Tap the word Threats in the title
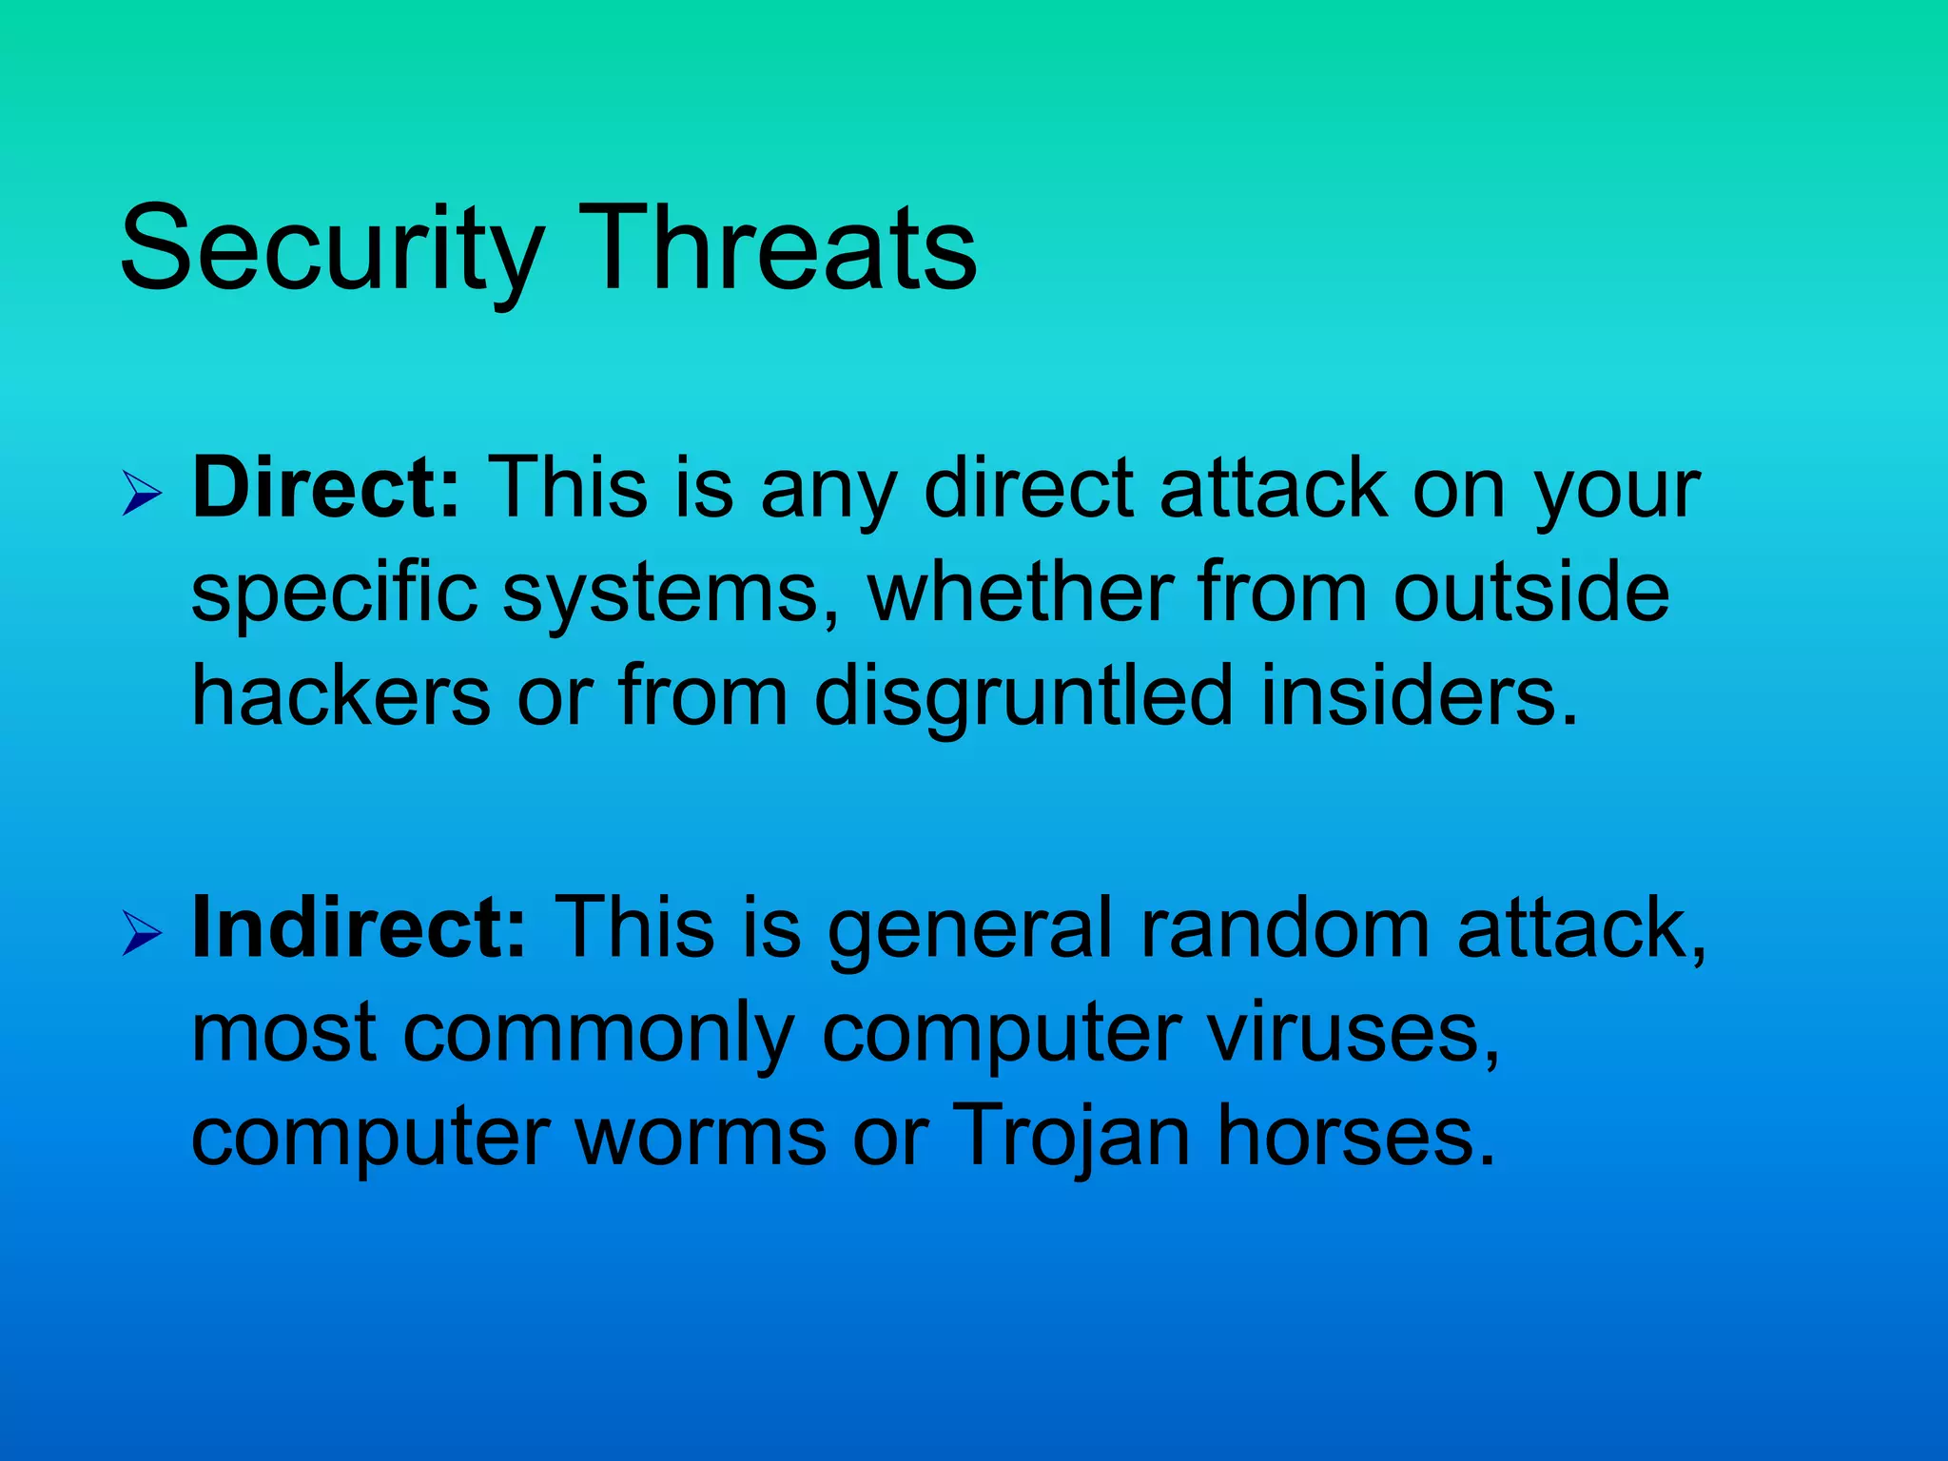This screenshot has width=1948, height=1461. coord(777,249)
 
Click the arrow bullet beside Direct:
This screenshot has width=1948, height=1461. coord(142,496)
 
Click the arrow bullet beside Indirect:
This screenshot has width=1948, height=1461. coord(142,935)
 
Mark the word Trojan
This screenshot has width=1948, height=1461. coord(1071,1138)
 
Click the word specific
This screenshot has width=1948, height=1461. coord(334,594)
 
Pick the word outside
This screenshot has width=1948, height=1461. coord(1530,592)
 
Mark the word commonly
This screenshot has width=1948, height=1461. coord(599,1035)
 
